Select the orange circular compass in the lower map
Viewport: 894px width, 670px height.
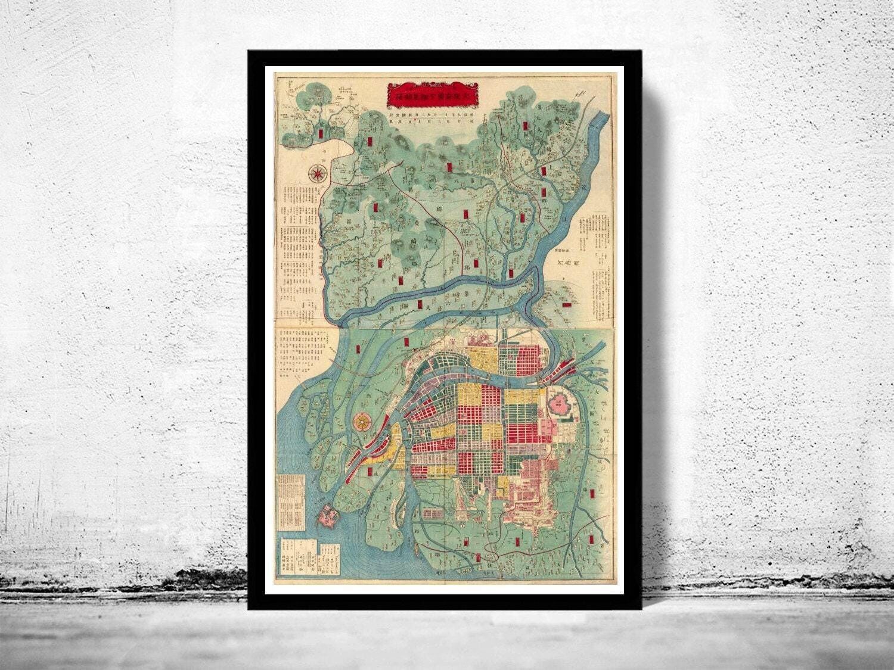click(x=361, y=422)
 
